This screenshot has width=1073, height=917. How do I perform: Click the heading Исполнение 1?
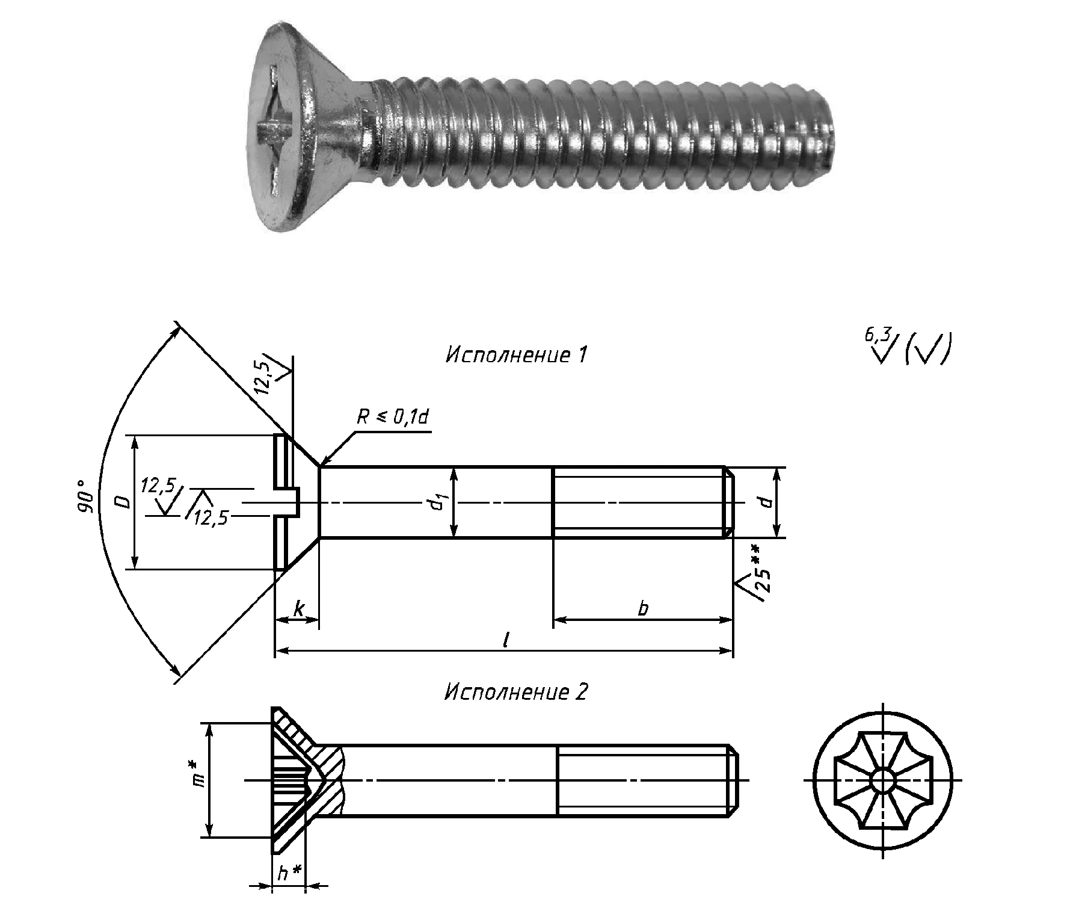click(515, 355)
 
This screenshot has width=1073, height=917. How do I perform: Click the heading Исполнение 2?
click(515, 692)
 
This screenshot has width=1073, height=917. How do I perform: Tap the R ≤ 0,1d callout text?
click(393, 417)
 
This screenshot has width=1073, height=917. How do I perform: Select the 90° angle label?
click(85, 496)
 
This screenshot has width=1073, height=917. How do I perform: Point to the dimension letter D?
click(123, 501)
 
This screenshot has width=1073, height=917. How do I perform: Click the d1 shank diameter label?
click(438, 502)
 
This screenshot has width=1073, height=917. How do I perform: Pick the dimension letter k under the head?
click(298, 610)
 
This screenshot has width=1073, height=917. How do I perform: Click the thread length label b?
click(643, 609)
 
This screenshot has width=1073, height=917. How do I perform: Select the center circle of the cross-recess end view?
click(883, 780)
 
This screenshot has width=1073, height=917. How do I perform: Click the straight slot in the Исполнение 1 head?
click(288, 502)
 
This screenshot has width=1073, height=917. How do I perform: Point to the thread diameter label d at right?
click(766, 501)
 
